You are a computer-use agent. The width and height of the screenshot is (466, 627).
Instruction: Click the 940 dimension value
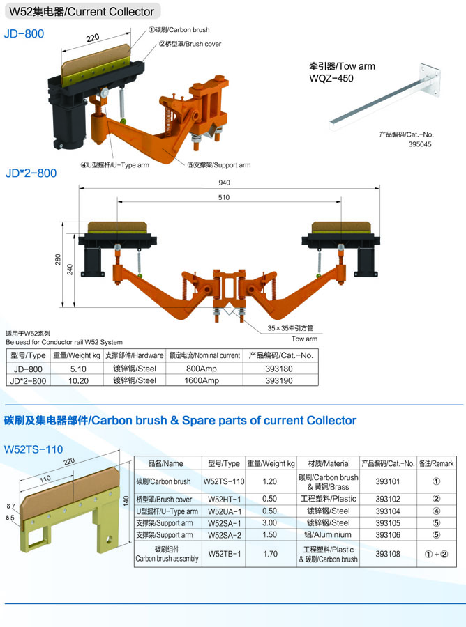[x=224, y=183]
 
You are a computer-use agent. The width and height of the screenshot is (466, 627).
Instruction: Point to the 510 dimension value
[x=224, y=197]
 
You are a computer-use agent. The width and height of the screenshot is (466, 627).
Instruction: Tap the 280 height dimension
[x=58, y=260]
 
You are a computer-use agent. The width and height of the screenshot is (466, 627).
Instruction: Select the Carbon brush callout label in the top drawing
[x=179, y=29]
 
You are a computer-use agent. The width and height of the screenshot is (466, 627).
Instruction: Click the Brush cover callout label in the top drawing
[x=190, y=44]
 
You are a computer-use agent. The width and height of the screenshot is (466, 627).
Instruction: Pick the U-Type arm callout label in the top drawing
[x=115, y=165]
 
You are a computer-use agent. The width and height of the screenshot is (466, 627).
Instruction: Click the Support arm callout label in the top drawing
[x=219, y=164]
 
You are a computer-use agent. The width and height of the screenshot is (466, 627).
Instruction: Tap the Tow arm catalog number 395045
[x=420, y=144]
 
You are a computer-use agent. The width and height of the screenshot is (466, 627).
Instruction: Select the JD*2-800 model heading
[x=31, y=173]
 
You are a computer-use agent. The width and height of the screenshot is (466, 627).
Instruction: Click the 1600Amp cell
[x=202, y=380]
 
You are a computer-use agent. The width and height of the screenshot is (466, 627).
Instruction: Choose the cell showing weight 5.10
[x=78, y=369]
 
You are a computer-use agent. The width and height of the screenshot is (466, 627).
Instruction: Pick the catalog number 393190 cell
[x=279, y=380]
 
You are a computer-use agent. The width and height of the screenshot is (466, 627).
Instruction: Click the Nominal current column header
[x=204, y=355]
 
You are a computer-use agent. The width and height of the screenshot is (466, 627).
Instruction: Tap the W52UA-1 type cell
[x=225, y=511]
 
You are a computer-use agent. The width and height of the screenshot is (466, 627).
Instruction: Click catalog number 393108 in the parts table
[x=388, y=554]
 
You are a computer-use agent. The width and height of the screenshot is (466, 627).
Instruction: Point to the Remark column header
[x=437, y=463]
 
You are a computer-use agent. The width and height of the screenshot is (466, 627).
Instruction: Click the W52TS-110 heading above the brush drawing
[x=33, y=449]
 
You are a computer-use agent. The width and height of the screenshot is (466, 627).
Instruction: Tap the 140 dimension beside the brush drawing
[x=126, y=501]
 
